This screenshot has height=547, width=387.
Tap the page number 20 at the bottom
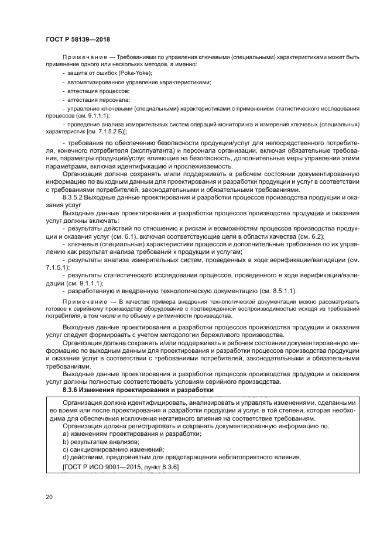coord(49,497)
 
